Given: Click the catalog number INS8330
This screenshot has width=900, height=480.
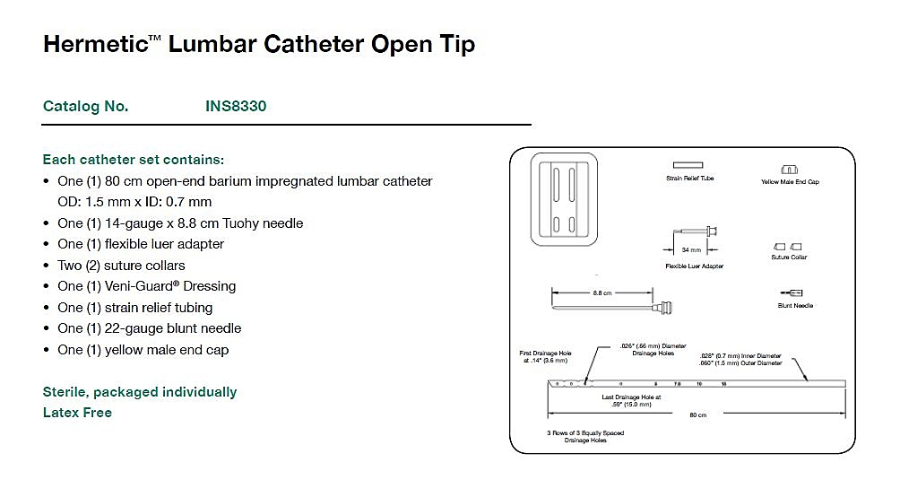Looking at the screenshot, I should click(x=236, y=106).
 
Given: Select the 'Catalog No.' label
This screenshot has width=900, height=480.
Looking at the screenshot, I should click(x=85, y=106).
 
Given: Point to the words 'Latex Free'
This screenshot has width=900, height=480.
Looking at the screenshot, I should click(x=77, y=413).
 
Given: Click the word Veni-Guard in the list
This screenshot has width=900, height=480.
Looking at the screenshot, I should click(x=145, y=286).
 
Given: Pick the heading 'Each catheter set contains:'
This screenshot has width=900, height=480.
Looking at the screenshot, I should click(x=134, y=160).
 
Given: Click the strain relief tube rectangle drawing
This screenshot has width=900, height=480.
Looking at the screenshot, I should click(x=688, y=166).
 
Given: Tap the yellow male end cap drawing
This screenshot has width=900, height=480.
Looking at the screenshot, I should click(x=789, y=170).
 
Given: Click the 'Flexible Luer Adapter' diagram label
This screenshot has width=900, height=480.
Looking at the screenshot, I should click(x=694, y=266).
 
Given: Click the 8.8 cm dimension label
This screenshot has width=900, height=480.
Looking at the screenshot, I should click(x=601, y=292).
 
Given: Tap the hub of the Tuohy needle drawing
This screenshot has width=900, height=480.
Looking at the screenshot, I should click(x=665, y=307).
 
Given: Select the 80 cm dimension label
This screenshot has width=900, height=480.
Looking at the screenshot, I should click(x=697, y=415).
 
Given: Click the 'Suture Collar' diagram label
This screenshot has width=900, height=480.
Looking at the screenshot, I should click(x=789, y=257).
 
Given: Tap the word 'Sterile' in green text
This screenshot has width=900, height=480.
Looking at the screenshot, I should click(x=66, y=392).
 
